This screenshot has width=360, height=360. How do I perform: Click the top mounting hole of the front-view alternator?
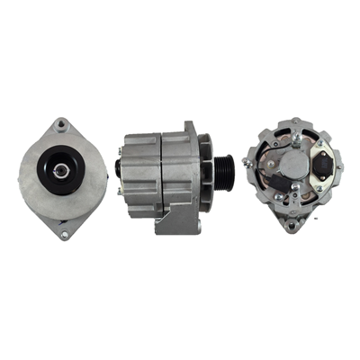tap(61, 125)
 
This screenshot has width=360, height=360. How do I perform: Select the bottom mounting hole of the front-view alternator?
tap(64, 235)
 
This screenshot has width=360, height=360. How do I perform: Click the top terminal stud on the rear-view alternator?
tap(294, 137)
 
